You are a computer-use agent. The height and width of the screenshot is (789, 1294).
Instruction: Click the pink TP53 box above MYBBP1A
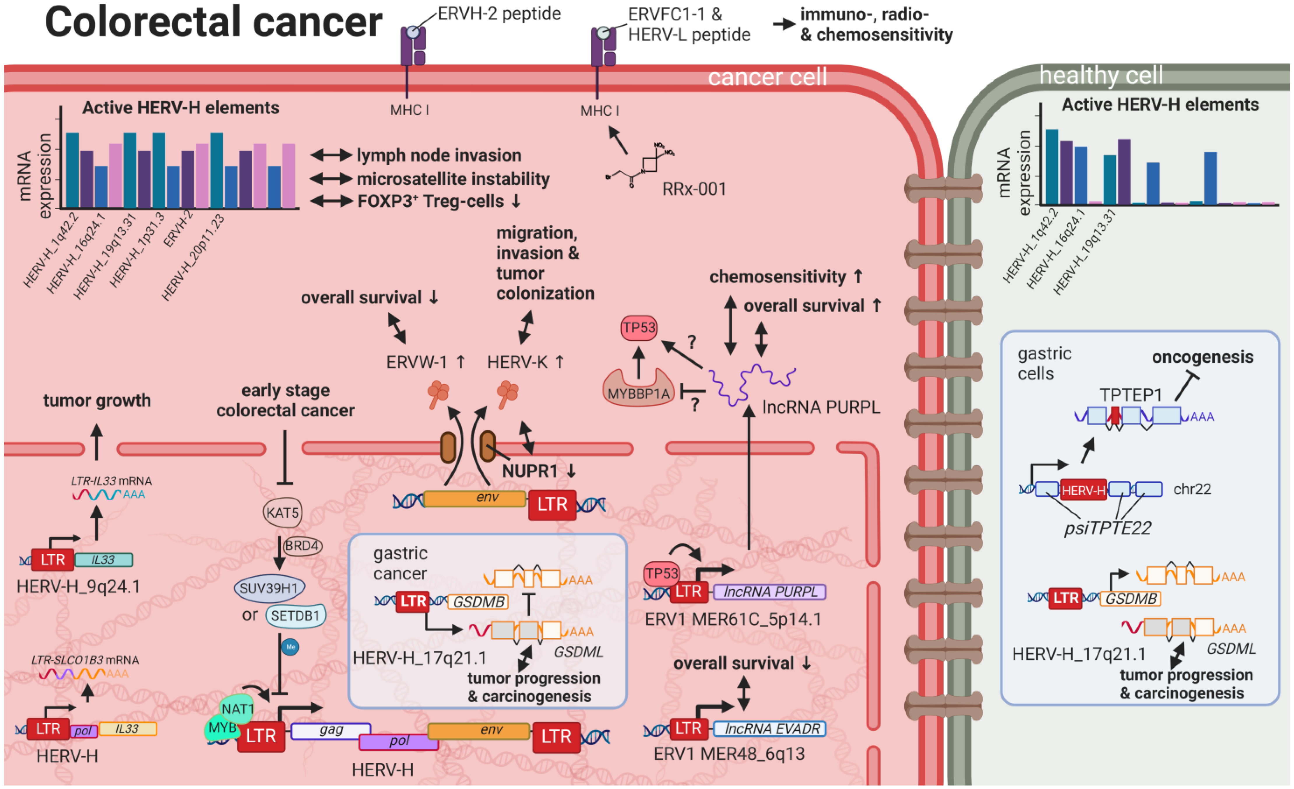tap(639, 328)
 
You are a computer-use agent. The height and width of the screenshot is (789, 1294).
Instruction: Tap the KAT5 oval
tap(282, 513)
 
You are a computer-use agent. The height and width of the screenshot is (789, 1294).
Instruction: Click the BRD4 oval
tap(302, 546)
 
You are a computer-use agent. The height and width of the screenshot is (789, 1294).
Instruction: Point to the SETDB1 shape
tap(295, 615)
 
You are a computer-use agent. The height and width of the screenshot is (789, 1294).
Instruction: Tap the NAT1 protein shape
tap(237, 709)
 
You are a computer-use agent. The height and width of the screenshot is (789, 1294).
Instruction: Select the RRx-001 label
tap(694, 189)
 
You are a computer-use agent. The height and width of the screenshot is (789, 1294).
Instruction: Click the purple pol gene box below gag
tap(399, 741)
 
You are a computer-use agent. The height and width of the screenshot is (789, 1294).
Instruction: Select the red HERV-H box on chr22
tap(1083, 490)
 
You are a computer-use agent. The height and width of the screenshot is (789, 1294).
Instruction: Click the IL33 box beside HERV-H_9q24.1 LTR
tap(103, 560)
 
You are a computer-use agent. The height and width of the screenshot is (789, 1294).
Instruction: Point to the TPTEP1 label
tap(1130, 394)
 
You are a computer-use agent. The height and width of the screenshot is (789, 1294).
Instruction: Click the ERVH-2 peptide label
tap(499, 14)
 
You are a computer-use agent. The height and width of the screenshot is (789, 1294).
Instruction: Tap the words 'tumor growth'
tap(97, 400)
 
